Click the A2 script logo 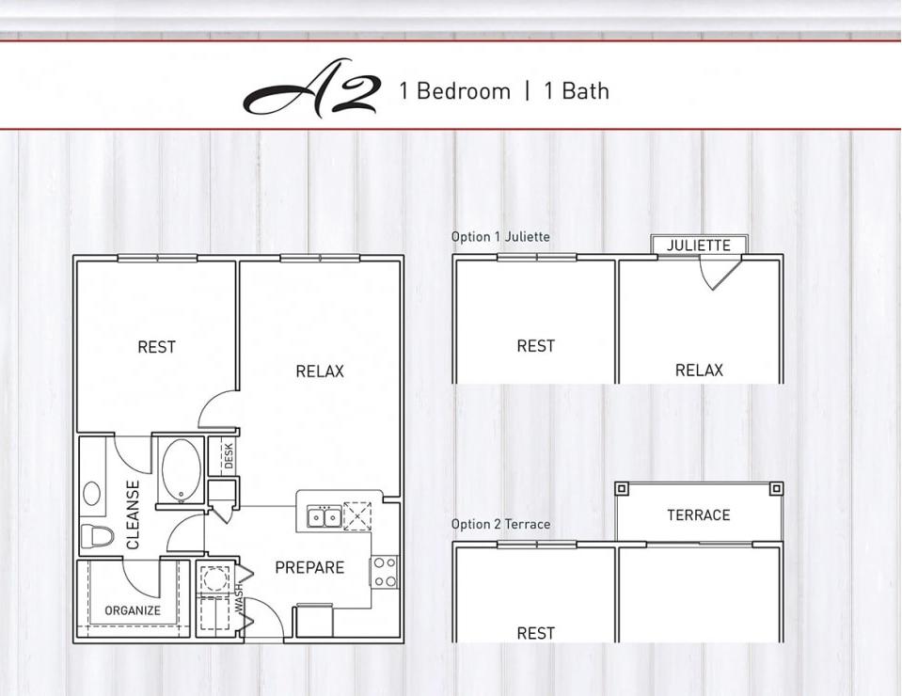[311, 93]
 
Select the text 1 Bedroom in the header [454, 91]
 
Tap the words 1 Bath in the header [576, 91]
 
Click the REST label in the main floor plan [156, 347]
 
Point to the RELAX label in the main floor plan [320, 372]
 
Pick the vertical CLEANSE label [134, 514]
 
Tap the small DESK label [229, 456]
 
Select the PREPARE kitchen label [309, 568]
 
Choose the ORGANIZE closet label [133, 610]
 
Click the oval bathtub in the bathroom [180, 469]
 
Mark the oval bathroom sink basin [92, 493]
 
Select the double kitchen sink [324, 516]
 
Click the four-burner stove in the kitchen [384, 571]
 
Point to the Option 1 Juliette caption [500, 237]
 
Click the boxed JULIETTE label [699, 245]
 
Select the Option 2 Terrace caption [500, 524]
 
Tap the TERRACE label [699, 515]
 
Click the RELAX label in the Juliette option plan [699, 371]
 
